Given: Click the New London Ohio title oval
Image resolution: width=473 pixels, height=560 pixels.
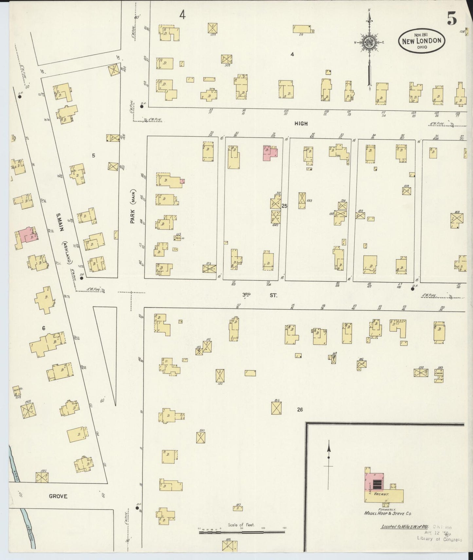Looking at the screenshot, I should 422,41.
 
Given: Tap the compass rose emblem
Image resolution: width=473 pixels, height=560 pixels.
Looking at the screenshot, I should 369,42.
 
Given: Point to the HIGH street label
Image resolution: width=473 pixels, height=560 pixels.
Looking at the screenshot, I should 301,123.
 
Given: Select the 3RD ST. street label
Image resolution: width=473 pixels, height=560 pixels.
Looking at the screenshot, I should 259,295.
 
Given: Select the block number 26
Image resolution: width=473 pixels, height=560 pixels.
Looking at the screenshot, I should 300,409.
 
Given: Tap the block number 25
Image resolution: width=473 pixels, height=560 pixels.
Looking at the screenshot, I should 284,206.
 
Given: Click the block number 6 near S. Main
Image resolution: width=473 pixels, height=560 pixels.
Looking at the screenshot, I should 43,328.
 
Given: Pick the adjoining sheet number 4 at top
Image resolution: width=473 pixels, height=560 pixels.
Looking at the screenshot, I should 182,15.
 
